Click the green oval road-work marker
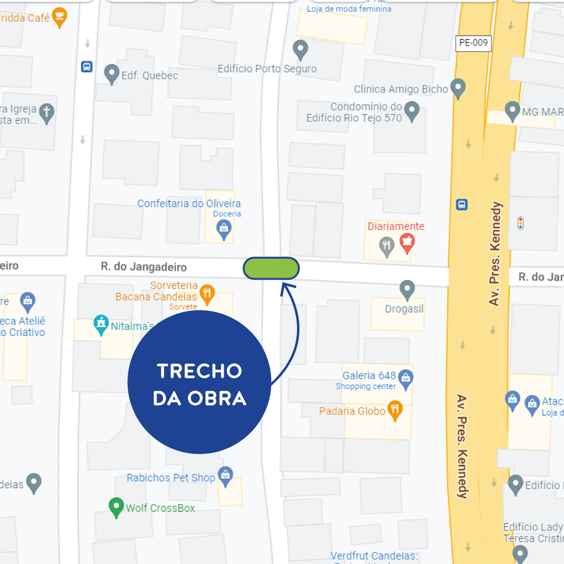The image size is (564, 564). pos(271,268)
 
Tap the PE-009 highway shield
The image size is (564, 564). pos(473,43)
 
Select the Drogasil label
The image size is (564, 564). pos(404,309)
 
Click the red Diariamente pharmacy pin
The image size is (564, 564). pos(407,243)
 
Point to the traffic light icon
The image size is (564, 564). pos(520,223)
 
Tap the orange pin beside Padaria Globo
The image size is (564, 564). pos(395,410)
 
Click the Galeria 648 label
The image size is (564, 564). pos(369,376)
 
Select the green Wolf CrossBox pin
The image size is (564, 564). pos(116,507)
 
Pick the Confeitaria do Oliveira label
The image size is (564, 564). pos(189,204)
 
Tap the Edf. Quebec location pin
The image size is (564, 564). pos(111,73)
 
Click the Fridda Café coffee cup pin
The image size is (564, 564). pos(60,17)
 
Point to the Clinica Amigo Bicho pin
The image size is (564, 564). pos(458,87)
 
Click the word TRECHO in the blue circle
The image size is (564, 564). pos(200,371)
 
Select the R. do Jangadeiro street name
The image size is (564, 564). pos(144,267)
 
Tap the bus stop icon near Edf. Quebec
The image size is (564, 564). pos(87,67)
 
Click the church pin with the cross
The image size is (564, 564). pos(47,113)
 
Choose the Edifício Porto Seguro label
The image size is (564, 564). pos(267,69)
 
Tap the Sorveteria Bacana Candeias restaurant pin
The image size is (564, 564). pos(207,294)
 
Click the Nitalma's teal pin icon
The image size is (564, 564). pos(101,324)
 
